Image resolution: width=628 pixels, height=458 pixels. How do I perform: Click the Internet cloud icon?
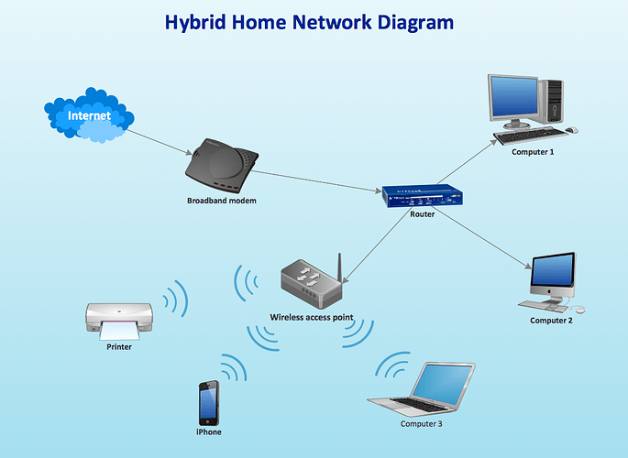pyautogui.click(x=89, y=115)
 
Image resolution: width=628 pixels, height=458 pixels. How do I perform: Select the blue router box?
pyautogui.click(x=422, y=195)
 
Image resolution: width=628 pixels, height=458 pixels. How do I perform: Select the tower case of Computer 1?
pyautogui.click(x=554, y=101)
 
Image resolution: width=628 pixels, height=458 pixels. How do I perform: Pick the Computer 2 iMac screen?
pyautogui.click(x=554, y=272)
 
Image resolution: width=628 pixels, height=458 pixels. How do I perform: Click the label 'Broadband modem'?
pyautogui.click(x=222, y=201)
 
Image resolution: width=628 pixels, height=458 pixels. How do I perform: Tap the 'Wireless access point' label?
pyautogui.click(x=311, y=318)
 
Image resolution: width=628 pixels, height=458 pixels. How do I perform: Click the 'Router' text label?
pyautogui.click(x=422, y=214)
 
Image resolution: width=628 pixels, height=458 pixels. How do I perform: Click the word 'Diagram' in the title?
pyautogui.click(x=410, y=21)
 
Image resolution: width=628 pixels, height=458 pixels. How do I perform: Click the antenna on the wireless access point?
pyautogui.click(x=340, y=266)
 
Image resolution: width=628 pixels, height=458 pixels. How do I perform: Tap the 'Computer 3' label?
pyautogui.click(x=422, y=424)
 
